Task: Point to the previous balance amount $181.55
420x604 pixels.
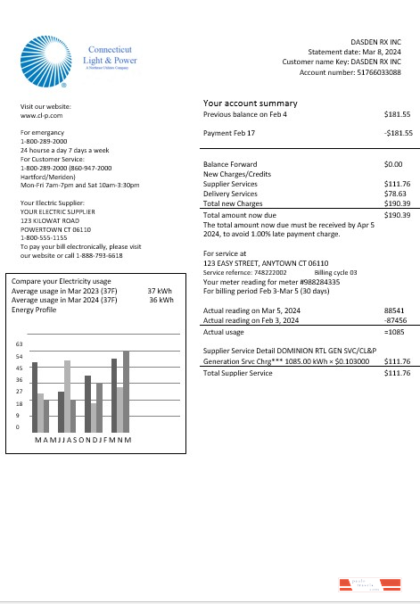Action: click(x=397, y=115)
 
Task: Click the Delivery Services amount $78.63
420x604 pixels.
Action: click(x=395, y=193)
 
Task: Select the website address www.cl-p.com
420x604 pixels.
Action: click(x=41, y=116)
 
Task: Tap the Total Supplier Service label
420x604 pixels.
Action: click(x=237, y=397)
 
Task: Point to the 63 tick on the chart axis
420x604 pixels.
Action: click(x=20, y=344)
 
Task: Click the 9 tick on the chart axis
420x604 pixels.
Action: click(x=19, y=416)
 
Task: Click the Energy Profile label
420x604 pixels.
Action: click(x=33, y=310)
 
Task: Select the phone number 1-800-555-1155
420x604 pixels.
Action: click(x=45, y=237)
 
